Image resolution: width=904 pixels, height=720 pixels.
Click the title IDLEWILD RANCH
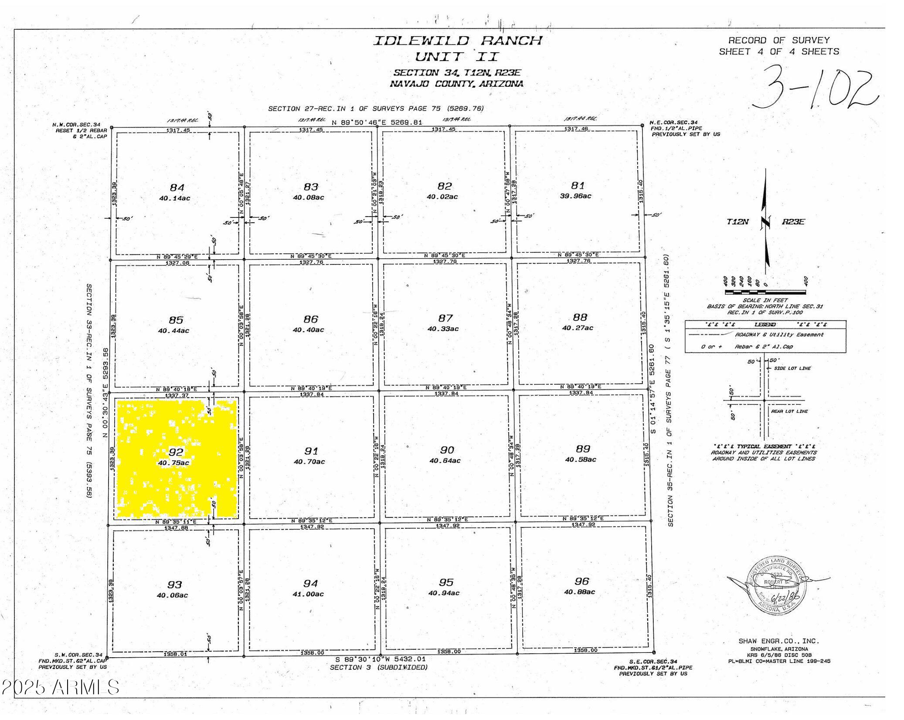click(x=457, y=41)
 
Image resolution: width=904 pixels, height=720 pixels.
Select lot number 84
click(x=177, y=187)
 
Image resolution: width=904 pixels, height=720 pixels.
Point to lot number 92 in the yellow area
click(x=176, y=452)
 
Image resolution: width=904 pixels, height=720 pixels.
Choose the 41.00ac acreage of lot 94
click(x=308, y=594)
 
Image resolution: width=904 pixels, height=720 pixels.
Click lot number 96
click(x=581, y=581)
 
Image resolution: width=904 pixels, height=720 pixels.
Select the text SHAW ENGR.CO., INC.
click(x=778, y=641)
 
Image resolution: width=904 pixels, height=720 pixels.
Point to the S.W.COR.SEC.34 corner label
click(x=78, y=655)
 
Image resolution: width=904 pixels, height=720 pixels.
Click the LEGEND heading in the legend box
click(x=765, y=325)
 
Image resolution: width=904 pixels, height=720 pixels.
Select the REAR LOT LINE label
click(x=789, y=411)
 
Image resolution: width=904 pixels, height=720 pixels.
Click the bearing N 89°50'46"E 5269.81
click(x=377, y=122)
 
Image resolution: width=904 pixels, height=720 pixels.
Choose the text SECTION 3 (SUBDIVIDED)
click(x=378, y=667)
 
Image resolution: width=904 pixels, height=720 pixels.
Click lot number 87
click(x=445, y=318)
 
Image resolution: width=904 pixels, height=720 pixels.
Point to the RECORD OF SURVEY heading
click(x=779, y=41)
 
